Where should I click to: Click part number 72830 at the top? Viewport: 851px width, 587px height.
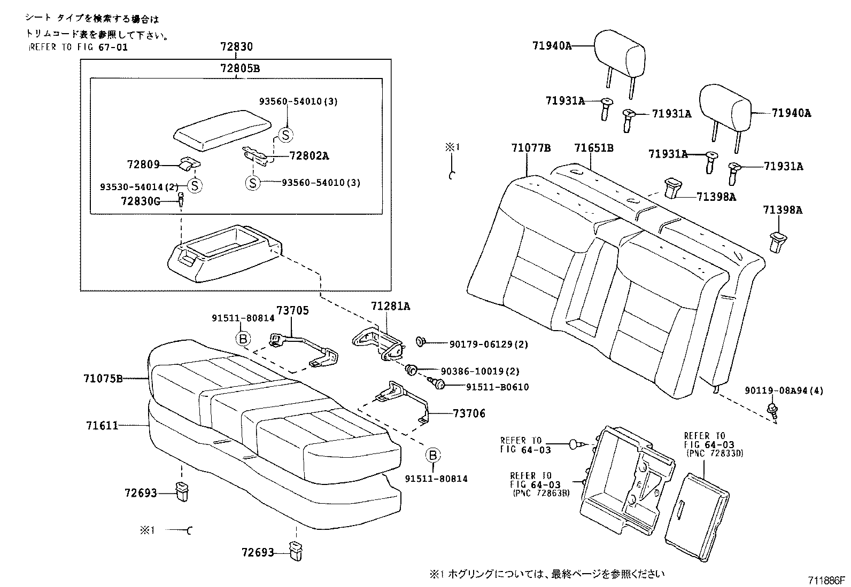236,47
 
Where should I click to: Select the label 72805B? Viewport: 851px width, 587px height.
240,68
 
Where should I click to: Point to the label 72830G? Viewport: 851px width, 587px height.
140,201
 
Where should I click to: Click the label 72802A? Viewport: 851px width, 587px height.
308,156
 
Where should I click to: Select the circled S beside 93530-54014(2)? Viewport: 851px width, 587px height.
195,185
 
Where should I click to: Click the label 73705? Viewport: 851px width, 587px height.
291,311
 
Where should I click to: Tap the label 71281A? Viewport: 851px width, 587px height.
391,306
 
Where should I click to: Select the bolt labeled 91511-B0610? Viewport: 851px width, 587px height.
437,383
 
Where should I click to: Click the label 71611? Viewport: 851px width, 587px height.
102,425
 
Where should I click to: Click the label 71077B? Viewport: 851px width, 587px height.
530,147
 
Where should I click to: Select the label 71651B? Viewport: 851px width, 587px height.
593,147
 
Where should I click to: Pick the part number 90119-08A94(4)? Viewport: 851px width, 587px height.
783,391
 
